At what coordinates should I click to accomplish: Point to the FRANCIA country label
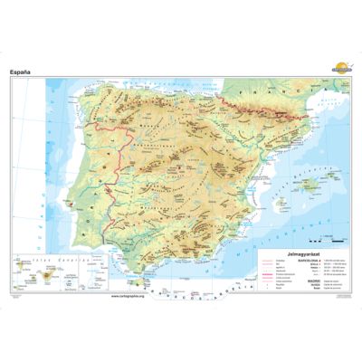tap(271, 90)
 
